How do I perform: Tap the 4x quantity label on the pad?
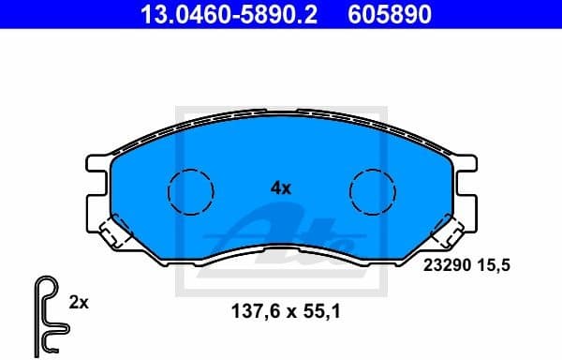coord(281,187)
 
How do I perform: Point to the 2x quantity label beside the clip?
coord(79,302)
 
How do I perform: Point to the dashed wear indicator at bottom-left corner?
coord(115,232)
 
